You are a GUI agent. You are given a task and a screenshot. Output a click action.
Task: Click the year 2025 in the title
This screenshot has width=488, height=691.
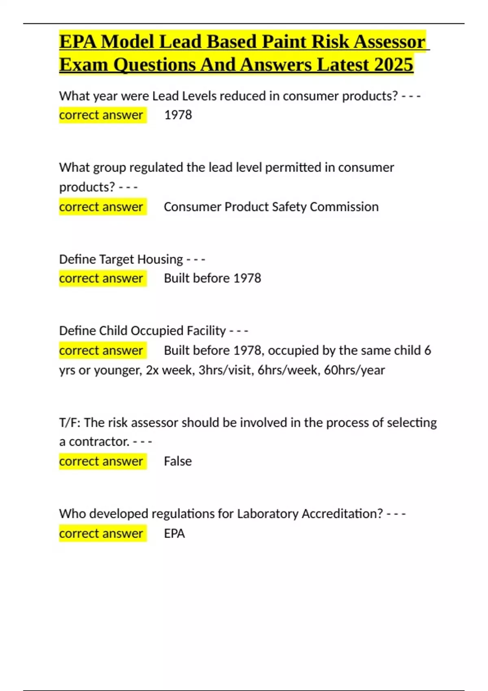click(394, 64)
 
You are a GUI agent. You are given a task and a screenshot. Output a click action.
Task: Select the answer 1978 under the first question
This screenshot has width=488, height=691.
click(178, 115)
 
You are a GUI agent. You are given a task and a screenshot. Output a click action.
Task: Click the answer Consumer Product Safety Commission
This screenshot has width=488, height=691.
click(271, 206)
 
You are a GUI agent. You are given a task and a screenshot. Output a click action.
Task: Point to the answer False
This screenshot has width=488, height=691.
click(178, 461)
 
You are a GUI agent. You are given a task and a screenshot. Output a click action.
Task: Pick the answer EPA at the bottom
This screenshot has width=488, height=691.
click(174, 533)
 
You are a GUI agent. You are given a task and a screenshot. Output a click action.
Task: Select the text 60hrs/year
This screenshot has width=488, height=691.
click(354, 370)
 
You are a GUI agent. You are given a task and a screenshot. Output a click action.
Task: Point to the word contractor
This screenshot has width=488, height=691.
click(99, 441)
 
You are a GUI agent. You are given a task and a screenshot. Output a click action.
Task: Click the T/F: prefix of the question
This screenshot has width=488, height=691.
click(70, 422)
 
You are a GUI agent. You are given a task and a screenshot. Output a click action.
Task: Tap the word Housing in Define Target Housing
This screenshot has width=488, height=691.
click(160, 259)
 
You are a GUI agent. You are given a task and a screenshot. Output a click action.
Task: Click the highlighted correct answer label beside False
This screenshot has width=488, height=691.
click(101, 461)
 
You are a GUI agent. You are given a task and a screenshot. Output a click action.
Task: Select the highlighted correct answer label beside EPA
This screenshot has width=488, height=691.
click(101, 533)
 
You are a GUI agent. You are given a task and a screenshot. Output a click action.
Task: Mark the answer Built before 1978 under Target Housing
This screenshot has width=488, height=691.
click(212, 278)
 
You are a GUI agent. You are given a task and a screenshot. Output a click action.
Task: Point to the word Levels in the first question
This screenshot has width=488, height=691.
click(199, 96)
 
